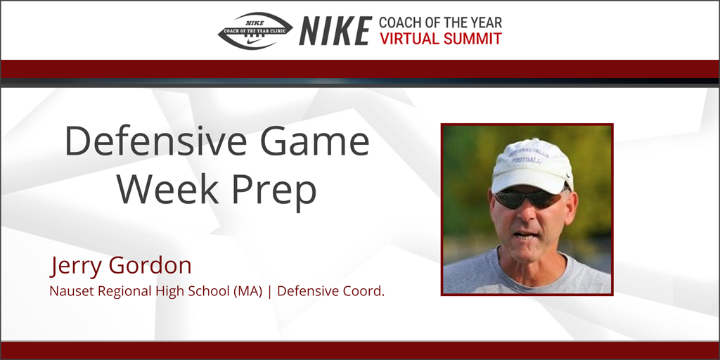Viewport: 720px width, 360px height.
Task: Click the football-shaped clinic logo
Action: point(255,31)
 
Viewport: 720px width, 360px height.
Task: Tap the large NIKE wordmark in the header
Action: point(335,31)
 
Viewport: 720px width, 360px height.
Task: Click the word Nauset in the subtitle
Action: point(70,291)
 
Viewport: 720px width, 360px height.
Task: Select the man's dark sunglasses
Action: point(527,199)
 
